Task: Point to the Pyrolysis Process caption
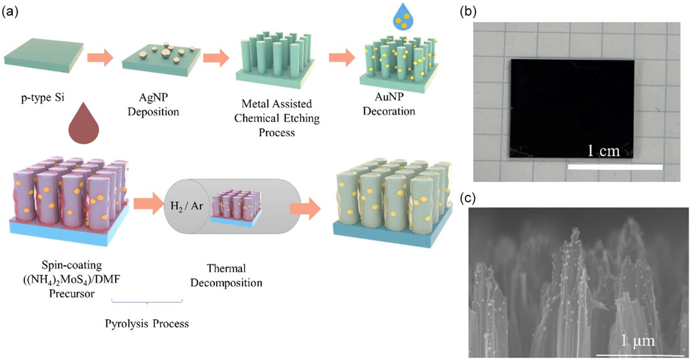(x=147, y=323)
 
